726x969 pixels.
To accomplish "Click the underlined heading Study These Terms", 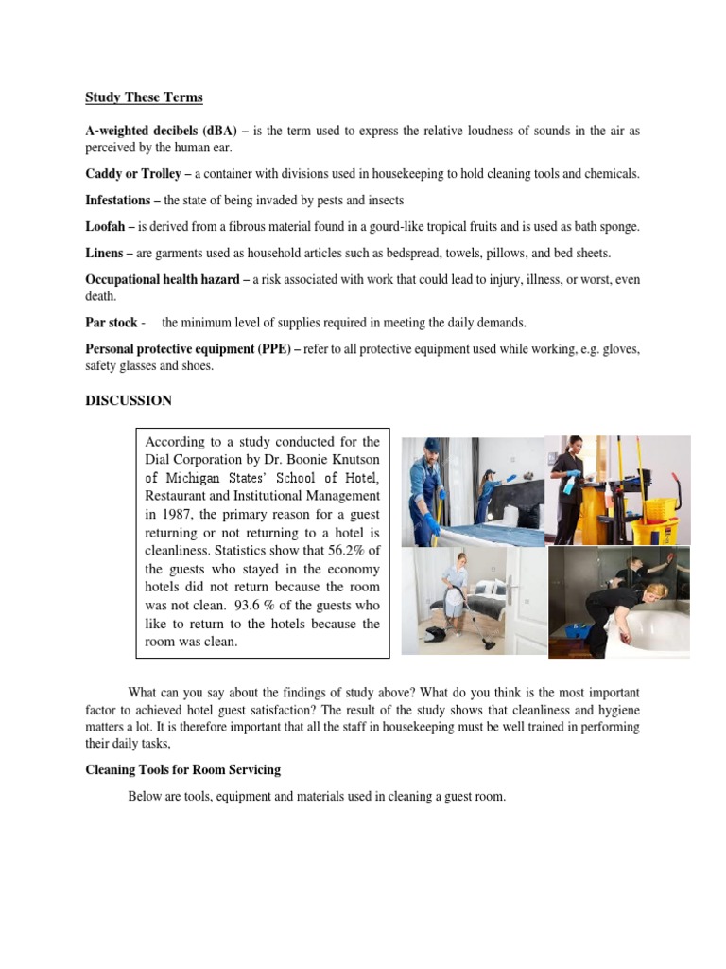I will tap(144, 97).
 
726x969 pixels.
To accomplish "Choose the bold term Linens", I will tap(106, 254).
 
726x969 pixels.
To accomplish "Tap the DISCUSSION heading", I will tap(129, 400).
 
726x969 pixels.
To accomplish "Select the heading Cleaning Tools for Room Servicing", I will tap(182, 770).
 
